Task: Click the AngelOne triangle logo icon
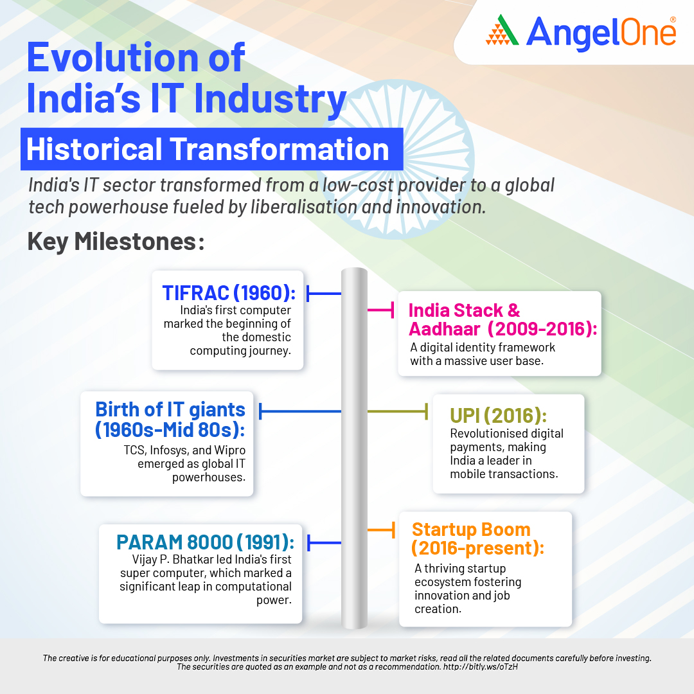pyautogui.click(x=503, y=30)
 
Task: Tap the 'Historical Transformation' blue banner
pyautogui.click(x=211, y=149)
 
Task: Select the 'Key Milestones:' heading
pyautogui.click(x=116, y=242)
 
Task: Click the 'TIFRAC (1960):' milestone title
pyautogui.click(x=229, y=292)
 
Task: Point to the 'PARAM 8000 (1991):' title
pyautogui.click(x=206, y=542)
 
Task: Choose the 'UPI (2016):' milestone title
pyautogui.click(x=499, y=415)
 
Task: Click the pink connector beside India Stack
pyautogui.click(x=380, y=310)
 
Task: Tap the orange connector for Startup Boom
pyautogui.click(x=381, y=529)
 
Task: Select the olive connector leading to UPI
pyautogui.click(x=398, y=411)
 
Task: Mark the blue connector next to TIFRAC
pyautogui.click(x=324, y=293)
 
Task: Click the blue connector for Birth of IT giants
pyautogui.click(x=300, y=411)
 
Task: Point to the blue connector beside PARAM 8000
pyautogui.click(x=325, y=542)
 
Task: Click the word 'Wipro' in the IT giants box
pyautogui.click(x=229, y=450)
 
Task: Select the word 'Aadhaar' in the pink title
pyautogui.click(x=445, y=329)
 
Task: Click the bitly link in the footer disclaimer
pyautogui.click(x=480, y=666)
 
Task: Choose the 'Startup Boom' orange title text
pyautogui.click(x=471, y=529)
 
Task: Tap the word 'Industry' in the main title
pyautogui.click(x=270, y=98)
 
